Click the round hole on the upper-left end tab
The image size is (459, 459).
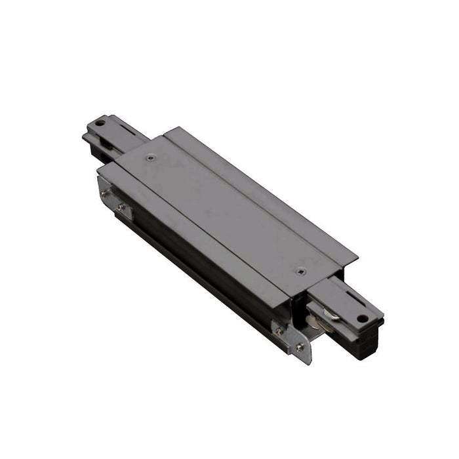point(100,123)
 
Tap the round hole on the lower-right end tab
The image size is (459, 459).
point(359,319)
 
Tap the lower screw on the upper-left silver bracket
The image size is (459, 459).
point(122,208)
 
